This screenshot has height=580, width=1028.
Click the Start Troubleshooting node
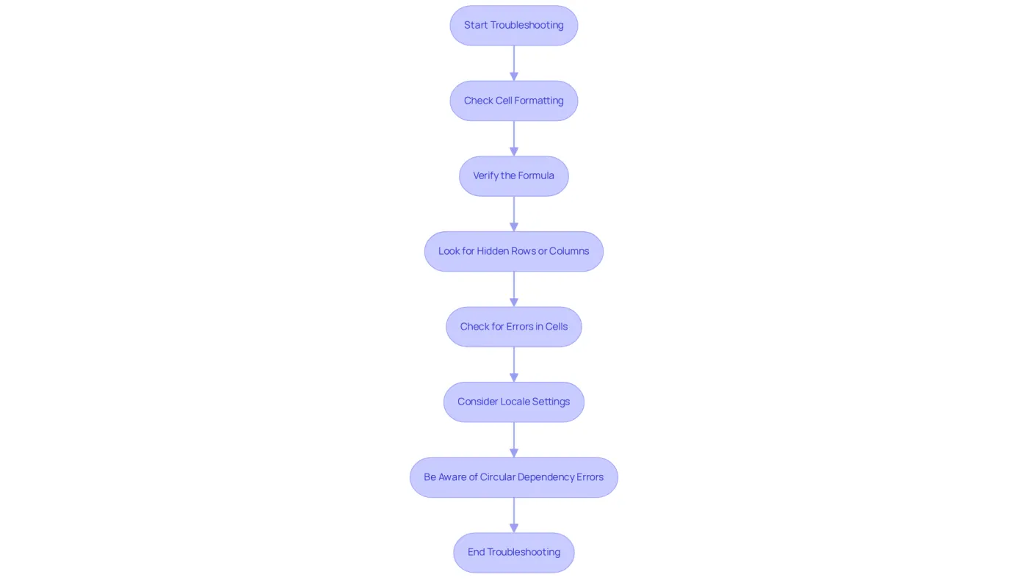(513, 25)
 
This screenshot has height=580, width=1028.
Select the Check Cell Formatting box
(513, 101)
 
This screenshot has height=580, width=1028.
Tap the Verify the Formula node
(513, 176)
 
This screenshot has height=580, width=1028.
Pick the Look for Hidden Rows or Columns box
(513, 251)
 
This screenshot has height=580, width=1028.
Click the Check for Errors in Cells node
(513, 327)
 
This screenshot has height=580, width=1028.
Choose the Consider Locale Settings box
(513, 402)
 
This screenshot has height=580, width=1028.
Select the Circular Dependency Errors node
(513, 477)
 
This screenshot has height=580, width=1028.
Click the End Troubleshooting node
(513, 552)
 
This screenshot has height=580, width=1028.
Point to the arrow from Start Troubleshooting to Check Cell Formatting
(513, 63)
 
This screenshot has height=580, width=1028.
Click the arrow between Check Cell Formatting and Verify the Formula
(513, 139)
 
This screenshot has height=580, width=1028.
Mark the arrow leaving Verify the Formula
(513, 214)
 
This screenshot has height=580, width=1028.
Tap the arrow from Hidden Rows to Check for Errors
(513, 289)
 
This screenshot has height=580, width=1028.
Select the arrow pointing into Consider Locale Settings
(513, 364)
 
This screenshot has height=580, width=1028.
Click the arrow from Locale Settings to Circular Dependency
(513, 440)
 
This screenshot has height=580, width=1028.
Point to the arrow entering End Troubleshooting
(513, 515)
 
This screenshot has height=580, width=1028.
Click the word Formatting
(539, 101)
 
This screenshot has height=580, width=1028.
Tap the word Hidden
(491, 251)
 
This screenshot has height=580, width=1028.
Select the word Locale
(515, 402)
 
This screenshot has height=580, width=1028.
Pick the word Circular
(498, 476)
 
